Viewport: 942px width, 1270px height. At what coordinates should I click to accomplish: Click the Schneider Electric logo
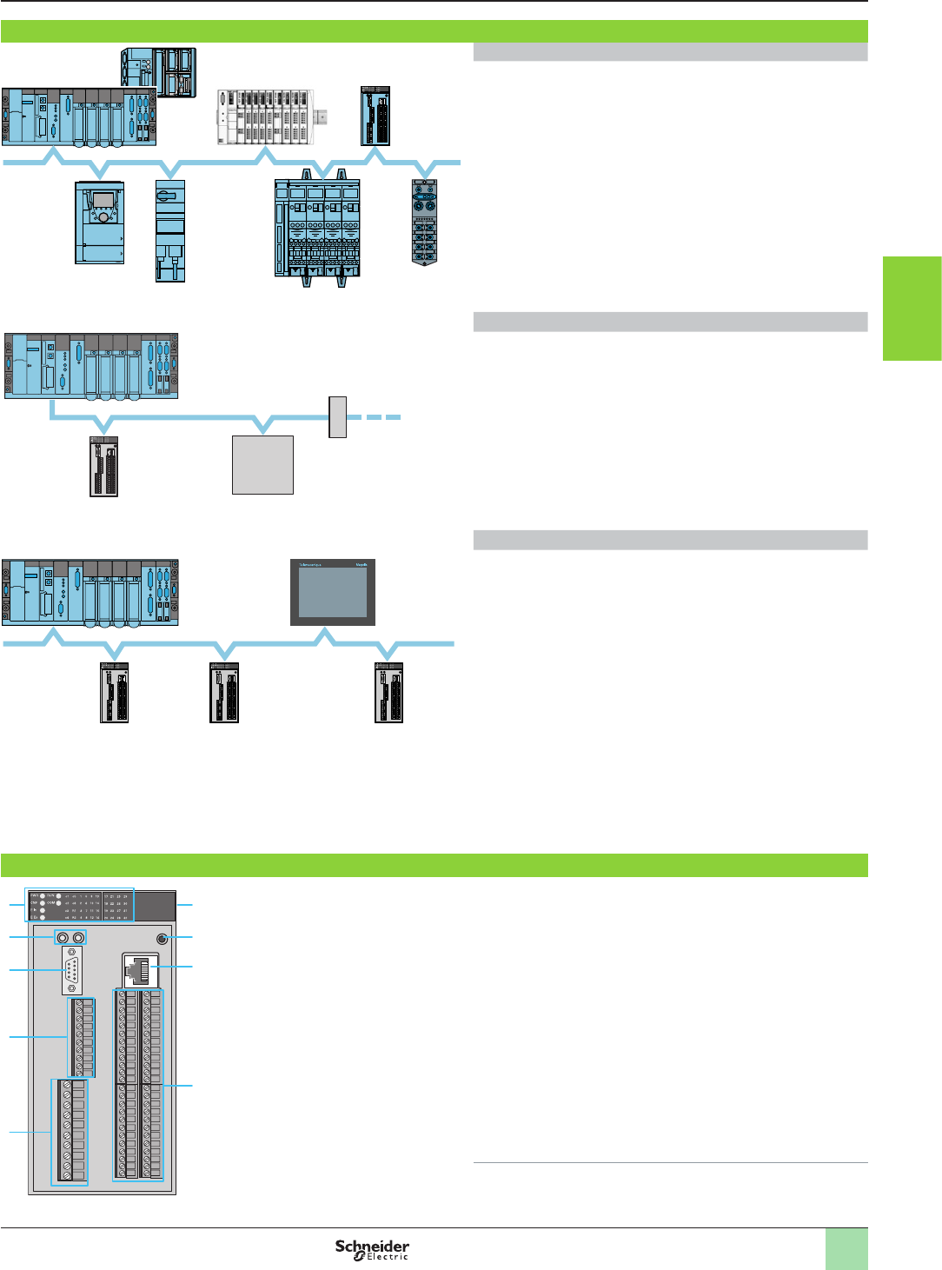point(372,1249)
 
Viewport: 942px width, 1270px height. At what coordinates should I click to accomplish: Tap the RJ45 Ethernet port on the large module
point(140,970)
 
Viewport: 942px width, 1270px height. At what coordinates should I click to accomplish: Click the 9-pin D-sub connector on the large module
point(72,970)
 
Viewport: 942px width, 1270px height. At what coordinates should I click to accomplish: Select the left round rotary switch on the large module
point(63,938)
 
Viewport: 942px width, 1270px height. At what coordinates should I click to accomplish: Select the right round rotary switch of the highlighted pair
point(79,938)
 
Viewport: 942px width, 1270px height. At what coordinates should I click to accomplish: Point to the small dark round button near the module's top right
point(162,939)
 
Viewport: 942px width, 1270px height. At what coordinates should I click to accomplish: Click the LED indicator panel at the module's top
point(80,906)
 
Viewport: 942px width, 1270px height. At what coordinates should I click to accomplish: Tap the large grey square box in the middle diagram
point(262,465)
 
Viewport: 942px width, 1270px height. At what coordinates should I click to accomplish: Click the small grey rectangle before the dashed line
point(338,417)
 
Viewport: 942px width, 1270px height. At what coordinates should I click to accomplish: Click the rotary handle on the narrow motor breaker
point(169,196)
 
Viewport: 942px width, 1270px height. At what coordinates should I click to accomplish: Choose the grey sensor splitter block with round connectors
point(424,222)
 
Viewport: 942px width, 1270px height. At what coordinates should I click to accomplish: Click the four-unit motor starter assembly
point(317,230)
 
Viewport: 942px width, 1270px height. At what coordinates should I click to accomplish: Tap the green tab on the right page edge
point(912,308)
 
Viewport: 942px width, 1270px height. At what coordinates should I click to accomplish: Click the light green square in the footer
point(846,1249)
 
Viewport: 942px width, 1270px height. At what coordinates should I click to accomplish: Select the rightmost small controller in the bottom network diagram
point(388,693)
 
